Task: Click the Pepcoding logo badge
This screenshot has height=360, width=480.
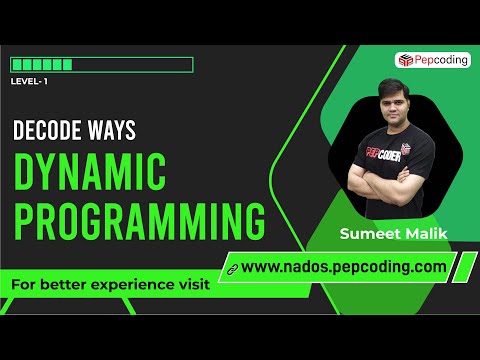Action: click(x=433, y=60)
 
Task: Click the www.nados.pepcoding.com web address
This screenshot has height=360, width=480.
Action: click(x=343, y=267)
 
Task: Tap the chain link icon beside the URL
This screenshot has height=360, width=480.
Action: click(x=231, y=268)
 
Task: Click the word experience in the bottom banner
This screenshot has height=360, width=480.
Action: click(x=132, y=284)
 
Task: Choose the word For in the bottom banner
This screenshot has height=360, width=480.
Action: click(x=23, y=284)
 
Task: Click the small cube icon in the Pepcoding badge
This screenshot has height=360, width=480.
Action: click(x=404, y=60)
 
